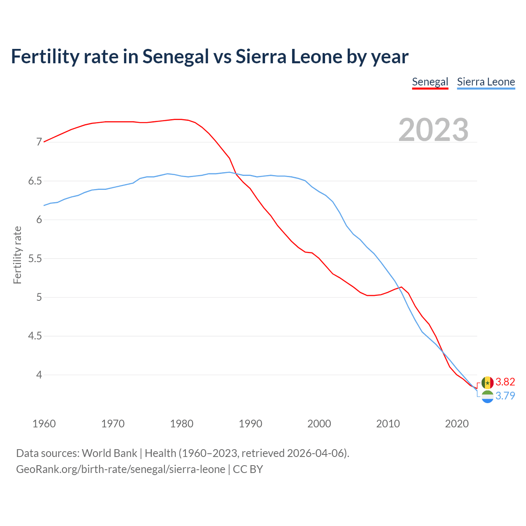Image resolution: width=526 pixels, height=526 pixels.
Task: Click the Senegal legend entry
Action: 430,82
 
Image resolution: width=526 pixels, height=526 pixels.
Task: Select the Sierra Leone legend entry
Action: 486,82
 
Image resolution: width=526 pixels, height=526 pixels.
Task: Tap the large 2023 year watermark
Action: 434,130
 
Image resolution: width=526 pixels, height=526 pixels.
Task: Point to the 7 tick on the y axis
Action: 39,142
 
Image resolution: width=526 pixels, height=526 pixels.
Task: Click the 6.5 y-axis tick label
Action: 35,181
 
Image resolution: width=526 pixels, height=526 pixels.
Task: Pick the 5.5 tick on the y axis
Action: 35,258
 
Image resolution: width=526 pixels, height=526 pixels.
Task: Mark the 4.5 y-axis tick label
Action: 35,336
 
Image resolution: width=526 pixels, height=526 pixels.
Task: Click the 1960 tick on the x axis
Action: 44,424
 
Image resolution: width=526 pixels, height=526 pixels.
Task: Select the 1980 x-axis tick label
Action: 182,424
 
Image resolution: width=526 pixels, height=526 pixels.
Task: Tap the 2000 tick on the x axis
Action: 319,424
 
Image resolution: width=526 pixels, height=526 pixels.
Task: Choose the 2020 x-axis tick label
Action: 457,424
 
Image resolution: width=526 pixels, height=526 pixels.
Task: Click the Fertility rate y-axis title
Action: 17,255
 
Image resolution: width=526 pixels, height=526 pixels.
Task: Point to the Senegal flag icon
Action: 487,383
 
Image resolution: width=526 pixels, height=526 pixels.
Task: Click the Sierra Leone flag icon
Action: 487,397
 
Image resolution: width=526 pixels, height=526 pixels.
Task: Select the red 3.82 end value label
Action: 505,382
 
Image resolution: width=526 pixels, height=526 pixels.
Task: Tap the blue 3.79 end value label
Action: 505,396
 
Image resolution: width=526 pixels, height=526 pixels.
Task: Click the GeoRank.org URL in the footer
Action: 120,469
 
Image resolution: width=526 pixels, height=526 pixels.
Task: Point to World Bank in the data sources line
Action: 109,453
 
